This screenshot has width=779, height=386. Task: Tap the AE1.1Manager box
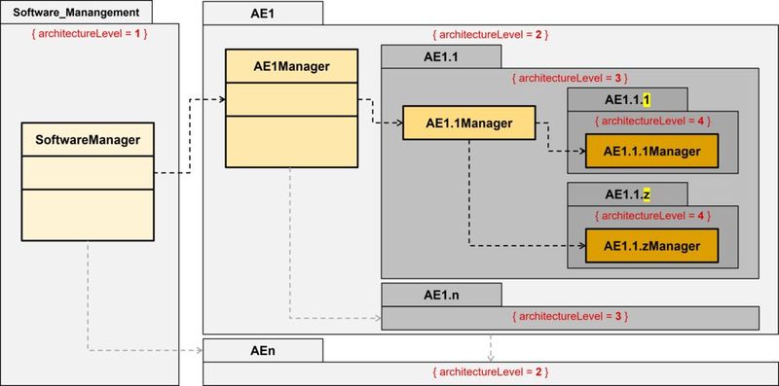click(469, 123)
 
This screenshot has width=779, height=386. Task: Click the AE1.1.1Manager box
click(650, 151)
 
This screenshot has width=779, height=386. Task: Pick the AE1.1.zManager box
click(650, 246)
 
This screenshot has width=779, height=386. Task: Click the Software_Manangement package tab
click(83, 13)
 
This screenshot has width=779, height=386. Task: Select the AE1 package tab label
click(262, 13)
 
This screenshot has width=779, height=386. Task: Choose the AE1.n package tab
click(440, 294)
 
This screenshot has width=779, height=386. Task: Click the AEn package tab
click(262, 349)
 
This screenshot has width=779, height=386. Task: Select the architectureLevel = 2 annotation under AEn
click(489, 372)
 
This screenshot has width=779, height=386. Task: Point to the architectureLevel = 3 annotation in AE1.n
click(569, 317)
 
